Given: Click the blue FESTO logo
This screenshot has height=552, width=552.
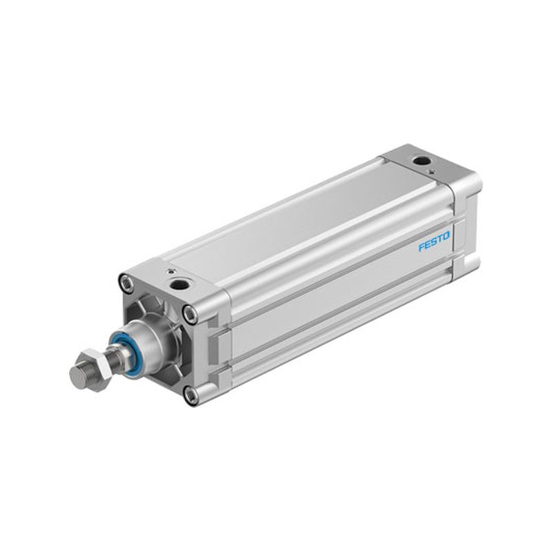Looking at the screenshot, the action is [x=434, y=241].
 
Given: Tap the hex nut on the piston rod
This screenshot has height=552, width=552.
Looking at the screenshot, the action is [x=95, y=366].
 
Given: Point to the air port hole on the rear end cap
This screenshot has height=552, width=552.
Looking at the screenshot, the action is [x=421, y=161].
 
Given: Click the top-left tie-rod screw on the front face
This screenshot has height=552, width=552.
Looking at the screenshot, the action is [x=126, y=282].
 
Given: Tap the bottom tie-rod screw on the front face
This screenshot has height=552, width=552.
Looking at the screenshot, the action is [x=190, y=395].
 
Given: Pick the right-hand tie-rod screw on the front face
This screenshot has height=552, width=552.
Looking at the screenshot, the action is [x=190, y=313].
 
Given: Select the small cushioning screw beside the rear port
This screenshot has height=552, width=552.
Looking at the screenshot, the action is [x=431, y=171].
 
